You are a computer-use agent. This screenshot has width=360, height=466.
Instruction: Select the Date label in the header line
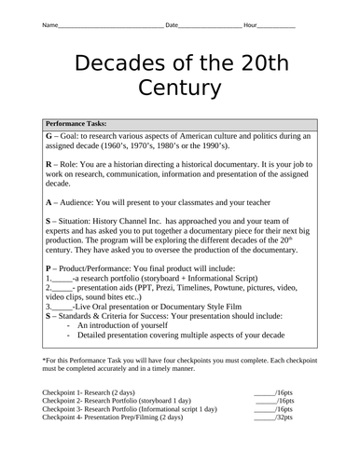coord(173,25)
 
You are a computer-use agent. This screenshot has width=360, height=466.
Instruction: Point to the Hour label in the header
coord(251,25)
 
